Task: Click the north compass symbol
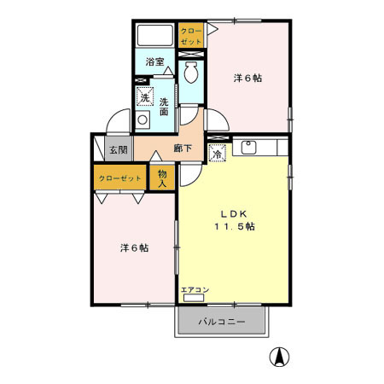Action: point(278,357)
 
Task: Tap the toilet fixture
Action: point(190,73)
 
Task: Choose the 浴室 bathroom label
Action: point(154,61)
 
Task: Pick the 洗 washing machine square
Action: point(146,97)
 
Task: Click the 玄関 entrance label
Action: point(118,149)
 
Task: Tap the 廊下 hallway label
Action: point(182,148)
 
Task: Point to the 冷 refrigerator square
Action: point(217,155)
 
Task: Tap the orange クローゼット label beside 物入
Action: point(119,179)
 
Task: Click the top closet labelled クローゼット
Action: point(191,36)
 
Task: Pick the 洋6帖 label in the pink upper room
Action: point(248,78)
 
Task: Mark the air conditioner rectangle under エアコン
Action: point(191,299)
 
